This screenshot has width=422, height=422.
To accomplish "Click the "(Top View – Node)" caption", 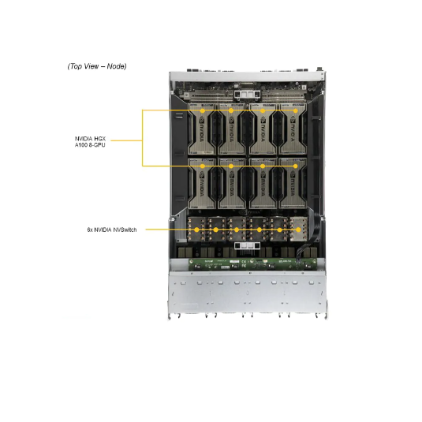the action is pos(97,66).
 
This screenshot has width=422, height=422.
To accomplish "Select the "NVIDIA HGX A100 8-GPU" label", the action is pos(90,142).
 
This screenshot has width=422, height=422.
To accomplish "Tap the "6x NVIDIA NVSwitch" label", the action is pos(112,230).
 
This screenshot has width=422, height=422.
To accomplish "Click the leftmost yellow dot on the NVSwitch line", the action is pos(196,230).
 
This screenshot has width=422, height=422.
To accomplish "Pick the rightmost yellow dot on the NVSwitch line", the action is pos(298,230).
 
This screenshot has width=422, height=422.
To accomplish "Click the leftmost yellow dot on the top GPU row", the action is pos(203,110).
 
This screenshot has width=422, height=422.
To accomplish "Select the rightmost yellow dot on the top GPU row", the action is pos(296,110).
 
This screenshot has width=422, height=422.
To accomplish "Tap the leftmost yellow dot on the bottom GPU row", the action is pos(203,166).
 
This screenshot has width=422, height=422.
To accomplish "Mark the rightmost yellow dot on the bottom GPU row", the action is pos(296,166).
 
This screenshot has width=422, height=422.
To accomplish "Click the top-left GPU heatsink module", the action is pos(203,129).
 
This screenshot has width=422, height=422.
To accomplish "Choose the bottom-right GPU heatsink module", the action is pos(293,183).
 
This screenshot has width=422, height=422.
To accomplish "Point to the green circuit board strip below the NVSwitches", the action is pos(252,264).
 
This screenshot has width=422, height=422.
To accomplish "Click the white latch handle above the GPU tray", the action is pos(248,94).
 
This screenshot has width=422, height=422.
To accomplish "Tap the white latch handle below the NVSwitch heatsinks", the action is pos(247,245).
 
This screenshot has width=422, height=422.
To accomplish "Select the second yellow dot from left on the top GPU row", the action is pos(231,110).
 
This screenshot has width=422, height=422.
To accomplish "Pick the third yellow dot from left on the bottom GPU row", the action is pos(263,166).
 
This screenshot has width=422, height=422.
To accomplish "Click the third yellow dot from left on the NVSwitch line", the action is pos(237,230).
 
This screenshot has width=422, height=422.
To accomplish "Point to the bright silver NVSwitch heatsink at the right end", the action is pos(299,229).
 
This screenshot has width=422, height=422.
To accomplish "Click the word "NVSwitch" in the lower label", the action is pos(125,230).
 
